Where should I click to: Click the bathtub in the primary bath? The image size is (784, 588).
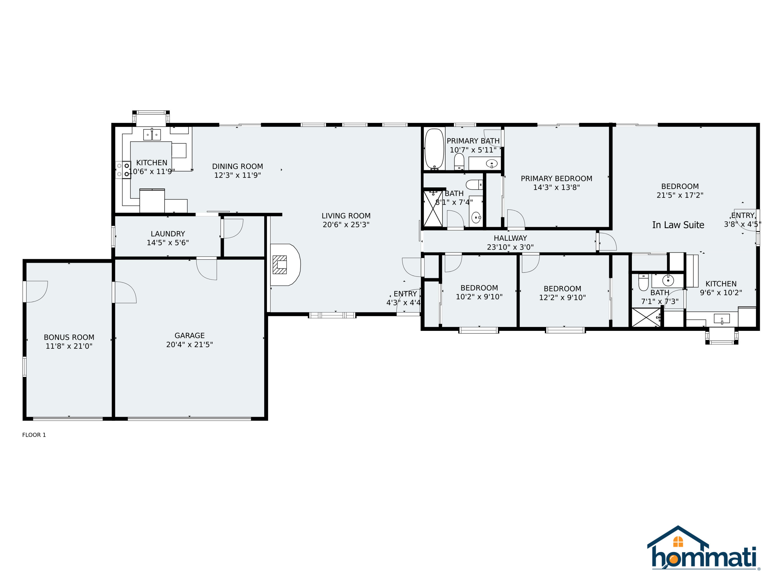tap(434, 149)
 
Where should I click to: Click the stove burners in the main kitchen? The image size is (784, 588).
tap(123, 170)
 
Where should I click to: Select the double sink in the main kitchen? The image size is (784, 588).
tap(152, 135)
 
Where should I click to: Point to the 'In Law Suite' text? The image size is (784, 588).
tap(678, 225)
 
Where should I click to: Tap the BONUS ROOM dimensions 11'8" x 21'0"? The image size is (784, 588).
tap(69, 346)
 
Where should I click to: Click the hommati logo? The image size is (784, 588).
tap(704, 549)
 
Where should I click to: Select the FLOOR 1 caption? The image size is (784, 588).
tap(34, 435)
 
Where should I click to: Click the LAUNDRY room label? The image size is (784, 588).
tap(168, 234)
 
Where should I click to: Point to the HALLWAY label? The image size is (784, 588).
tap(510, 238)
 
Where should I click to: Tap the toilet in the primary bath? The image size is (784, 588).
tap(459, 162)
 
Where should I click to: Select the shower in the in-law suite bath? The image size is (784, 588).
tap(646, 317)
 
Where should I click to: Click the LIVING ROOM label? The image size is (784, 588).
tap(346, 216)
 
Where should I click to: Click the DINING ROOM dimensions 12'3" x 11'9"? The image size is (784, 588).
tap(238, 175)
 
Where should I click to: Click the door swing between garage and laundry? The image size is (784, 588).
tap(207, 269)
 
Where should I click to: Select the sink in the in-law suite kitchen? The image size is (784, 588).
tap(722, 319)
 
